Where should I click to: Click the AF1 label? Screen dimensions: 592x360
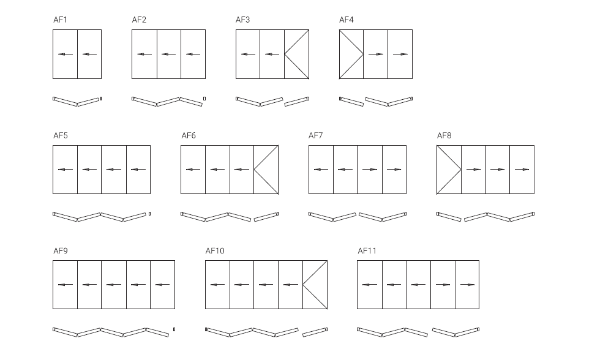click(x=60, y=20)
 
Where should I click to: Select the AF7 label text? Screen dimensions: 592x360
click(x=316, y=135)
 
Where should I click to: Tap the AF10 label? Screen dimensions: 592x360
click(x=215, y=251)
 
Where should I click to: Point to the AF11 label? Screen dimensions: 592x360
click(x=367, y=251)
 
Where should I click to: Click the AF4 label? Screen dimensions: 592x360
click(x=347, y=20)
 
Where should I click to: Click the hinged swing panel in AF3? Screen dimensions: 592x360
click(x=296, y=54)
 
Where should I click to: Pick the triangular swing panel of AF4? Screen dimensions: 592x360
click(x=351, y=54)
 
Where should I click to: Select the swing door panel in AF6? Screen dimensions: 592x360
click(x=266, y=170)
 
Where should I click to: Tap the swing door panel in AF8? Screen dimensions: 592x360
click(x=449, y=170)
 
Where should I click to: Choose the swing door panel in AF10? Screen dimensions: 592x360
click(x=315, y=285)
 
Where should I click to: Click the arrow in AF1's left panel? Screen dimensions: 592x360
click(x=66, y=54)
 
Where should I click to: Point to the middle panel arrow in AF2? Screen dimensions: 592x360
click(x=168, y=54)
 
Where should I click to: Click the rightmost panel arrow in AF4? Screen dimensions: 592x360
click(x=400, y=54)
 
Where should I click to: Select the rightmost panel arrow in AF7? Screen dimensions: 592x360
click(x=394, y=170)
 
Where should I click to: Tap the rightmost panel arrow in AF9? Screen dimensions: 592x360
click(x=162, y=285)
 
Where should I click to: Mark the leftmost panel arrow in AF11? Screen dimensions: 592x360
click(x=370, y=285)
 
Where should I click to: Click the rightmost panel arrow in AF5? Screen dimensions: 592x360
click(x=138, y=170)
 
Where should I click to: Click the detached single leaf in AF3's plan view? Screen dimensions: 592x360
click(x=296, y=102)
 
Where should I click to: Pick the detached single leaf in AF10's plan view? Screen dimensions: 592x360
click(x=315, y=332)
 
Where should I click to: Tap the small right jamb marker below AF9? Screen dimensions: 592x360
click(x=174, y=329)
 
